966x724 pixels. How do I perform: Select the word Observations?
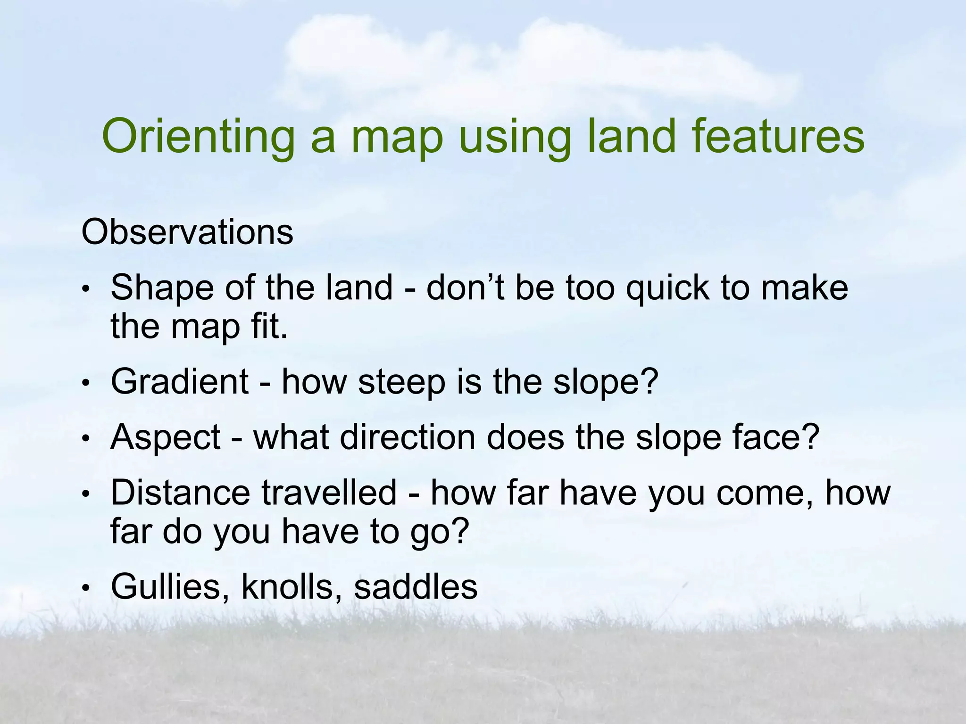[187, 232]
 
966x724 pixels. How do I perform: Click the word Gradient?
[179, 381]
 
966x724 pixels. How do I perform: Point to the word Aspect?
[165, 438]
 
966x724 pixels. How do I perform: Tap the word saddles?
[416, 587]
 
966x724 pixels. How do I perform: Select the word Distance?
[180, 493]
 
